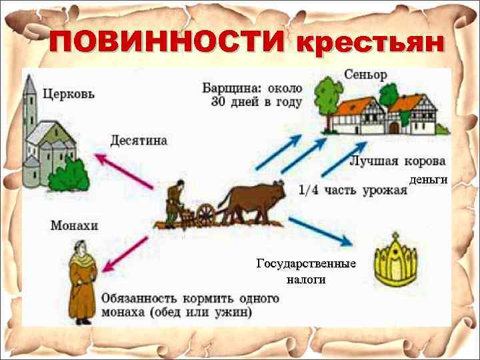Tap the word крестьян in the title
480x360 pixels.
pyautogui.click(x=369, y=43)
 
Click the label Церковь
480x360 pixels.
pyautogui.click(x=69, y=93)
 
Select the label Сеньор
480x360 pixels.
pyautogui.click(x=365, y=74)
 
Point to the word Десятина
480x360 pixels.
pyautogui.click(x=139, y=141)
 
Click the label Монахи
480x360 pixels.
pyautogui.click(x=74, y=225)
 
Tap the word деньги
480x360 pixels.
pyautogui.click(x=428, y=180)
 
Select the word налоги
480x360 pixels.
pyautogui.click(x=306, y=280)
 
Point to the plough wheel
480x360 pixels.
pyautogui.click(x=206, y=215)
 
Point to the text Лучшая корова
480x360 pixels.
pyautogui.click(x=397, y=161)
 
